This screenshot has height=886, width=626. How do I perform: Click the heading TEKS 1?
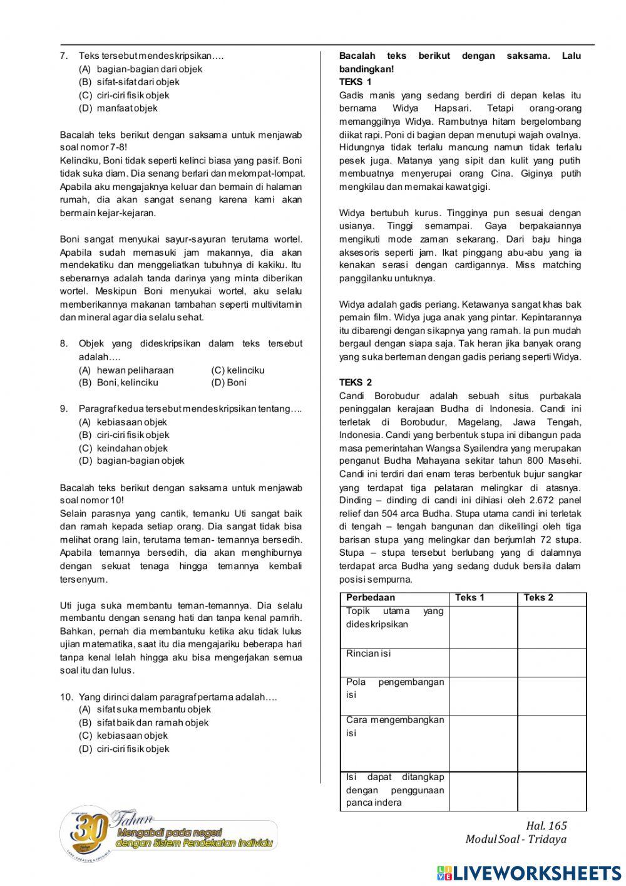point(355,82)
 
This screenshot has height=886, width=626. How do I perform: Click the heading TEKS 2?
point(356,382)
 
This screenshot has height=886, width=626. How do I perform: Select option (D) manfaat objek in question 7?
point(118,108)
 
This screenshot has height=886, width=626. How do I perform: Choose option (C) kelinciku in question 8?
point(238,370)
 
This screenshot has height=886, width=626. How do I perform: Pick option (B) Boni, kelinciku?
point(118,382)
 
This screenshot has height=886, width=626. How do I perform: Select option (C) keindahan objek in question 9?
point(123,448)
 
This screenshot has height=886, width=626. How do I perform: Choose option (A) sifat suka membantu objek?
point(145,709)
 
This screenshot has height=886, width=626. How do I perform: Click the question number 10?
point(66,697)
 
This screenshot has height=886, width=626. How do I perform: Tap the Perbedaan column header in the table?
point(371,598)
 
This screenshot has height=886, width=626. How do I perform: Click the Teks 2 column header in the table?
point(538,598)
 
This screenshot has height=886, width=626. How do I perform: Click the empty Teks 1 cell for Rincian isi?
point(483,662)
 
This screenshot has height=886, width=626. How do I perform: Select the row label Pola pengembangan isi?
point(394,688)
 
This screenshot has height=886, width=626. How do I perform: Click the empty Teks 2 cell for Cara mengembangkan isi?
point(552,743)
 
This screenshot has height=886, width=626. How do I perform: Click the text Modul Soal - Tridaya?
point(516,839)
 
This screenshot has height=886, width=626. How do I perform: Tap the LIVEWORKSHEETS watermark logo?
point(529,873)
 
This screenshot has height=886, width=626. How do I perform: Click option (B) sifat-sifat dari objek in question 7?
point(129,82)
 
